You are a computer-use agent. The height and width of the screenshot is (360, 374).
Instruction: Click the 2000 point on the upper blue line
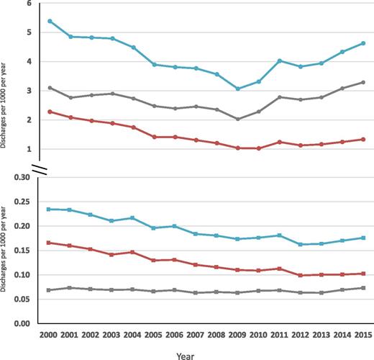tap(50, 21)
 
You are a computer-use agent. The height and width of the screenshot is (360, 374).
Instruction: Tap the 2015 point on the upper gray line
tap(363, 82)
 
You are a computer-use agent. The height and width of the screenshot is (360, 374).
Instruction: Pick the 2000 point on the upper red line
tap(50, 112)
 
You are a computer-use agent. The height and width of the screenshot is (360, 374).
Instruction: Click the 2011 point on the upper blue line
tap(280, 60)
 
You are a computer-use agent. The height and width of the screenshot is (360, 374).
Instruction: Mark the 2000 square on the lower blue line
tap(50, 209)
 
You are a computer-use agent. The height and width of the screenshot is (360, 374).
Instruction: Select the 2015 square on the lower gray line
tap(363, 288)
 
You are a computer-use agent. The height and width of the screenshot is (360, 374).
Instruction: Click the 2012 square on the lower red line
tap(301, 275)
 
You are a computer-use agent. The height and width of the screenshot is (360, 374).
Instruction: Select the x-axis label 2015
tap(363, 336)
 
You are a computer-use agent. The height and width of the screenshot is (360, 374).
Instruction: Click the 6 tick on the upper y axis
tap(29, 4)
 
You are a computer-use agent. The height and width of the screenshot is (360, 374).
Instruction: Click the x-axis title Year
tap(206, 354)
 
